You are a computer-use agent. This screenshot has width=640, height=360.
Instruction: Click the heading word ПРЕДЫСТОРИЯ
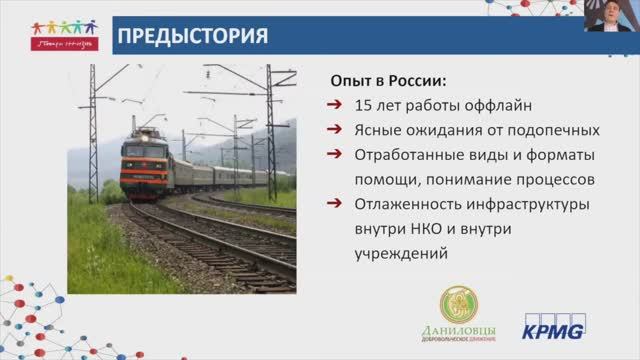(x=193, y=37)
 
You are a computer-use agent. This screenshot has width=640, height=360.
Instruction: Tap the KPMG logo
(x=554, y=325)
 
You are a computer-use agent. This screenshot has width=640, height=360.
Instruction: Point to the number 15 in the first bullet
(x=365, y=105)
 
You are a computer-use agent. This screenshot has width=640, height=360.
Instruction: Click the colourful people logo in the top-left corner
(x=62, y=34)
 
